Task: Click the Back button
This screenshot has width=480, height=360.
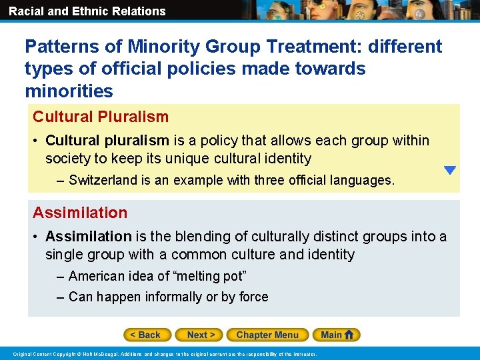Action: [147, 335]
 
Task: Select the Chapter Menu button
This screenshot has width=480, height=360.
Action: [267, 335]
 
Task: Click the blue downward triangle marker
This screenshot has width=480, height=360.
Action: [450, 170]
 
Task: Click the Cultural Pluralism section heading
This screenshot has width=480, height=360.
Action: [101, 117]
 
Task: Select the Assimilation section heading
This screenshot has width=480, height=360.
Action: [80, 213]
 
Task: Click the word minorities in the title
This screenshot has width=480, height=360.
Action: [69, 90]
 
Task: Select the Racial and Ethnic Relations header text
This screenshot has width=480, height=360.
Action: [87, 11]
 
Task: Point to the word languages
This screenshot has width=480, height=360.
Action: [364, 180]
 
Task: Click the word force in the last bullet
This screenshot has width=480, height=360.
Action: [253, 297]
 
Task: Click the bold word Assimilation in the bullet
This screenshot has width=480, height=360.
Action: [89, 237]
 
